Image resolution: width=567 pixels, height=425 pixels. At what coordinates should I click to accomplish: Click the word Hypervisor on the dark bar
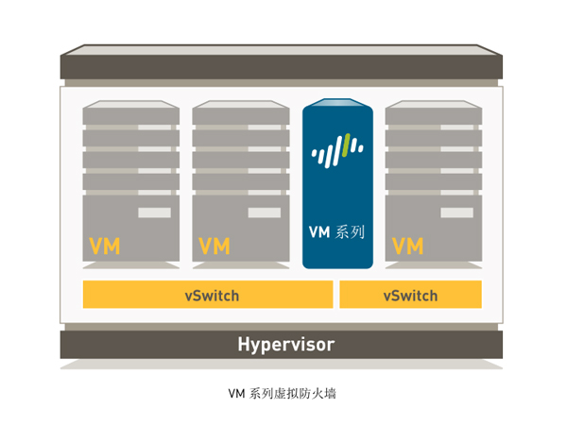pos(284,344)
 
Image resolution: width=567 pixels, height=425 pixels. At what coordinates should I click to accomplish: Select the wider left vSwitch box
pos(208,295)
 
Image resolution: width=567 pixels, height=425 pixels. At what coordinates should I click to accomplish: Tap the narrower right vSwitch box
pos(410,295)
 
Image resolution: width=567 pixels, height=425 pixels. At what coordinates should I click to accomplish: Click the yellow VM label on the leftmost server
pos(104,247)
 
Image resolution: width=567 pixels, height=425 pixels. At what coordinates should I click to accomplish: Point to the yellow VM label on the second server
pos(215,247)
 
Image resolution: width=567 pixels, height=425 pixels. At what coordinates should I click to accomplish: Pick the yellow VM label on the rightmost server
pos(407,247)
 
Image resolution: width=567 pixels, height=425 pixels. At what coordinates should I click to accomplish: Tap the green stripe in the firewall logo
pos(347,146)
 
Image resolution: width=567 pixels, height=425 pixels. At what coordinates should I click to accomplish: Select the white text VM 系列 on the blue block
pos(336,230)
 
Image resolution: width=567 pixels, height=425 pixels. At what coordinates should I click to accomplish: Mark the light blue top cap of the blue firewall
pos(337,103)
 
